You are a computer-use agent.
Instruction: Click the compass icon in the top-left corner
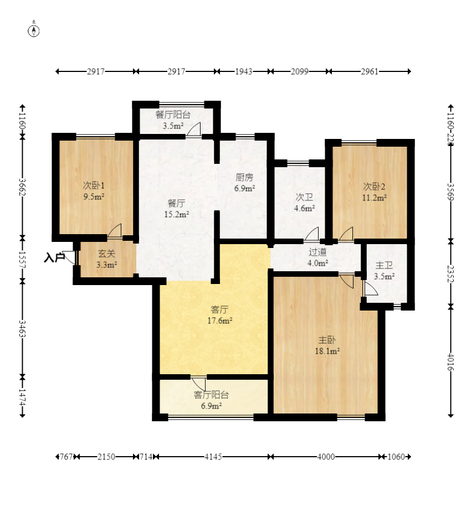[x=34, y=30]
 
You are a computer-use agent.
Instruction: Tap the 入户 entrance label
[x=54, y=257]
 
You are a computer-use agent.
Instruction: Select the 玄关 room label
[x=107, y=254]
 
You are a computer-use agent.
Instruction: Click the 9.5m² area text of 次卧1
[x=94, y=197]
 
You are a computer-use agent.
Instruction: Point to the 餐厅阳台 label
[x=173, y=115]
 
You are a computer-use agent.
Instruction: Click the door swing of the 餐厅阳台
[x=194, y=129]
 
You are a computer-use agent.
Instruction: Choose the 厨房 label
[x=244, y=177]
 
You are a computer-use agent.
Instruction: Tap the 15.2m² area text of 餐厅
[x=177, y=214]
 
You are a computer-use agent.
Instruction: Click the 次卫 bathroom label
[x=304, y=197]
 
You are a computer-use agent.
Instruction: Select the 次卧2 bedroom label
[x=374, y=186]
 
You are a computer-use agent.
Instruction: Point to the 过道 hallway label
[x=318, y=252]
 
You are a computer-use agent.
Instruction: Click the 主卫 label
[x=384, y=265]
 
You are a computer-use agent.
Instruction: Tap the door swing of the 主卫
[x=371, y=288]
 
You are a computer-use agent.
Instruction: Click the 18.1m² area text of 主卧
[x=327, y=351]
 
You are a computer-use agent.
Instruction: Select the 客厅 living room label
[x=219, y=309]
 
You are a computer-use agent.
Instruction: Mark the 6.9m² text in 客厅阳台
[x=212, y=406]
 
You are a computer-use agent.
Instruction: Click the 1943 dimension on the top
[x=244, y=71]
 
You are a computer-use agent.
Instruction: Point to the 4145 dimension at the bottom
[x=213, y=457]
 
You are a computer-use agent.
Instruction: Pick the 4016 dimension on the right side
[x=450, y=362]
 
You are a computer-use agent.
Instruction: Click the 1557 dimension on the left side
[x=22, y=260]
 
